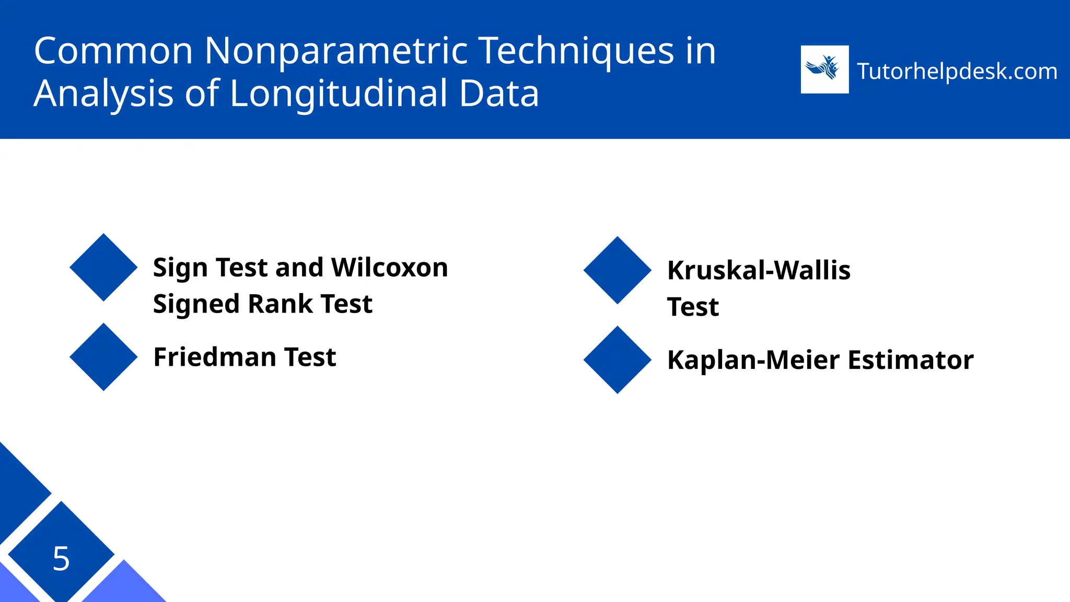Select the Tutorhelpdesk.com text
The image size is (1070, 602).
point(957,71)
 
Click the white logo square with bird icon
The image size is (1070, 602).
point(824,70)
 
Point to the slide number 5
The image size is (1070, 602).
point(61,558)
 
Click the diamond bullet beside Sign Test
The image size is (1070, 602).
point(103,268)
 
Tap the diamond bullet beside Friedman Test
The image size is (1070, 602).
point(103,357)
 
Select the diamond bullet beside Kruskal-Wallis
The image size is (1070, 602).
point(617,270)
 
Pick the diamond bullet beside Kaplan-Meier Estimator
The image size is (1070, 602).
point(617,360)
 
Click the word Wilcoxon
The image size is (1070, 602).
point(389,268)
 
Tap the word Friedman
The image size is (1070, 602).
point(215,357)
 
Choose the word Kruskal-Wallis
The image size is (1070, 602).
point(759,271)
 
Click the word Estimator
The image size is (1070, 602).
point(911,360)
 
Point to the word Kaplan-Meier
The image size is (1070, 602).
point(754,360)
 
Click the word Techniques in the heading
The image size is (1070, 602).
point(576,51)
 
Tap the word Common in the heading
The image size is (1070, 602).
point(113,51)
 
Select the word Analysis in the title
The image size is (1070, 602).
point(103,94)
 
